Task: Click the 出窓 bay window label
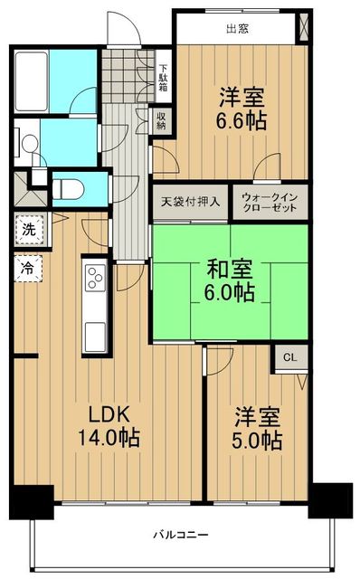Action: point(238,28)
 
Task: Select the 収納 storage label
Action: point(161,120)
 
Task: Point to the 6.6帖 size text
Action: point(241,119)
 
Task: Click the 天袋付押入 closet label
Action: point(190,202)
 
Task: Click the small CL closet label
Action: point(289,358)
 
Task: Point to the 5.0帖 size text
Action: point(258,441)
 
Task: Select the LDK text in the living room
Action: point(109,414)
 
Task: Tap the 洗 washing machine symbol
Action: point(29,230)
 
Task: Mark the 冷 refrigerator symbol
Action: point(29,268)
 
